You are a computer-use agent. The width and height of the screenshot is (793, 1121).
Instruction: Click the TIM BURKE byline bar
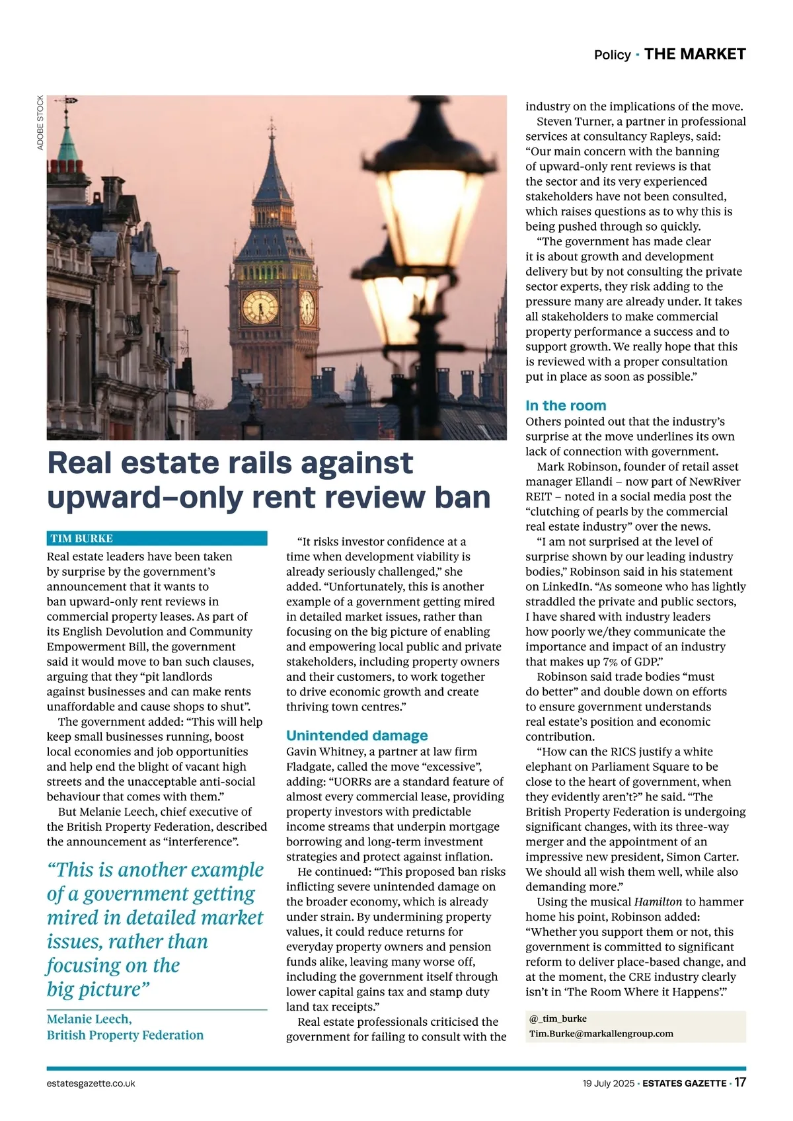157,538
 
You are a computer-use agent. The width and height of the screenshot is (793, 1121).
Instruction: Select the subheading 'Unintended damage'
357,736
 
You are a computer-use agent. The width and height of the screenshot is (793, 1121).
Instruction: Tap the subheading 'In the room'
566,406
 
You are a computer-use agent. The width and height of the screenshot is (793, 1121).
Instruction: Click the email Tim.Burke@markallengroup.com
601,1034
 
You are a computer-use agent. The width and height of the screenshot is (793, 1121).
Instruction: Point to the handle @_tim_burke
558,1019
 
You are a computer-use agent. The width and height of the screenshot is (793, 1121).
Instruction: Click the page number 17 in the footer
740,1083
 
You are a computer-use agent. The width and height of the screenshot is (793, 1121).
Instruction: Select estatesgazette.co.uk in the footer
91,1083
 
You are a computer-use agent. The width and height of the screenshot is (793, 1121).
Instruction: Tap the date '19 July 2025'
608,1083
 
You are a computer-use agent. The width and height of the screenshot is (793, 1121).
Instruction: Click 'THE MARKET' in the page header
695,54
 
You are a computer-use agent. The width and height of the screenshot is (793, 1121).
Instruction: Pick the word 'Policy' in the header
612,55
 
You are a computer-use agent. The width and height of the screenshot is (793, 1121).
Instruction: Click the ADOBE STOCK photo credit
40,123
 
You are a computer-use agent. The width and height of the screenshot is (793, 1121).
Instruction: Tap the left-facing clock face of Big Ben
260,307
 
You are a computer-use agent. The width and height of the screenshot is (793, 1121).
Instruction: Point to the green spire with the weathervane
67,135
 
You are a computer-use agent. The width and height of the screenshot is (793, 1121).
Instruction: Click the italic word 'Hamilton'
658,902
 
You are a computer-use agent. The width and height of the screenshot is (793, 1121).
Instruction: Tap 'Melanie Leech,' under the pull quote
89,1019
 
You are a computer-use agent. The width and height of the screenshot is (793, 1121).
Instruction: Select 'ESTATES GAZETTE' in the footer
684,1083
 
